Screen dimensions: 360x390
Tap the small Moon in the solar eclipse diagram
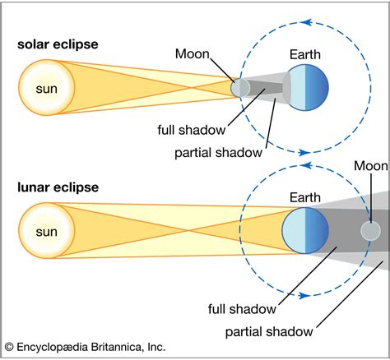pos(240,87)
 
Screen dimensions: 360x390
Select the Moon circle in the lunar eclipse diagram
pos(372,231)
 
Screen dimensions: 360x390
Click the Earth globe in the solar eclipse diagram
pos(306,86)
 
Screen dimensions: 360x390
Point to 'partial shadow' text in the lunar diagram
pos(268,331)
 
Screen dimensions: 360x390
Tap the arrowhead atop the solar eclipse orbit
pos(306,22)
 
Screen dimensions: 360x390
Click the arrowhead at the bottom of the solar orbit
pos(306,152)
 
